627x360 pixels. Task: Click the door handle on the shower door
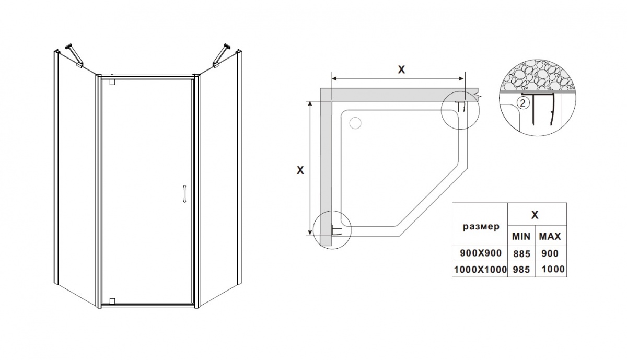click(184, 193)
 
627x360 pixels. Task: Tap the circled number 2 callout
click(522, 103)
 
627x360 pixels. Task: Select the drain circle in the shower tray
click(355, 123)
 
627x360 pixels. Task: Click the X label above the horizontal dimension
click(401, 69)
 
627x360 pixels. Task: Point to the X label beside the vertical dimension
click(300, 170)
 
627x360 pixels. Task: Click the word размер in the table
click(481, 226)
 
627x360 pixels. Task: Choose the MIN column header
click(521, 237)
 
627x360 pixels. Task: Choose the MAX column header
click(550, 237)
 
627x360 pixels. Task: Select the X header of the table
click(535, 215)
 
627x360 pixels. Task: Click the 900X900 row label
click(481, 253)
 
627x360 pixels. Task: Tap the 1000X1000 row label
click(480, 269)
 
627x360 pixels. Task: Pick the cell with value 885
click(521, 253)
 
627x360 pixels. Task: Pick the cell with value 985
click(521, 269)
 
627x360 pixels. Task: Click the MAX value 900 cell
click(550, 253)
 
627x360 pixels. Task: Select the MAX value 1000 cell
click(553, 269)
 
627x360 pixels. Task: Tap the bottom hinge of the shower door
click(112, 301)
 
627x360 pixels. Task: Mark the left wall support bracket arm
click(74, 55)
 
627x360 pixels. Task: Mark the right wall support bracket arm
click(222, 55)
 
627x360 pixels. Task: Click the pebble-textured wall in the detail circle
click(538, 75)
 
